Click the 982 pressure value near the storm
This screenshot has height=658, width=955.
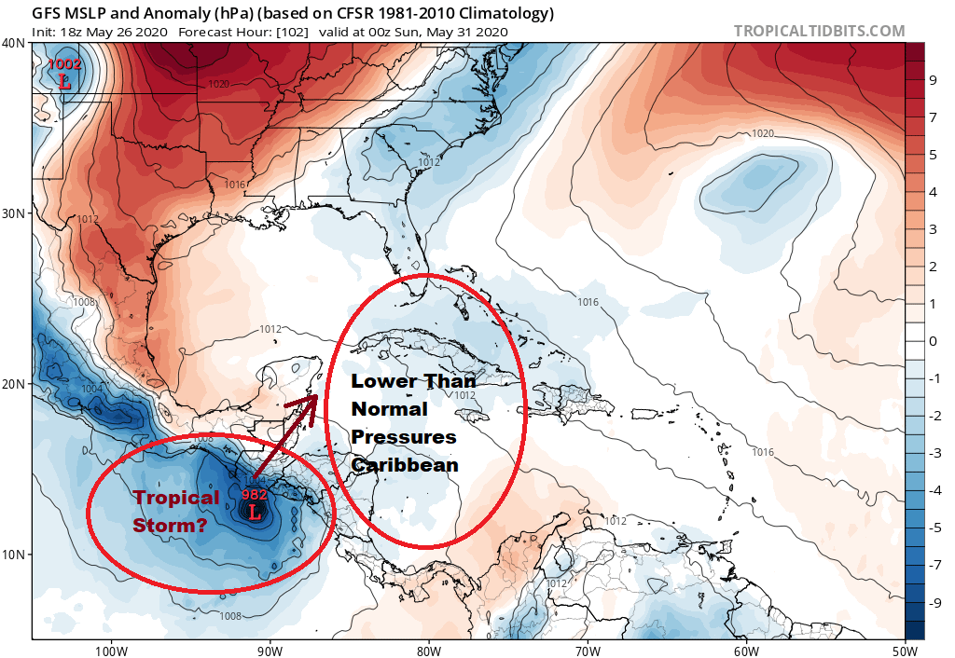tap(255, 494)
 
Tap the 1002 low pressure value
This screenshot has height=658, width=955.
tap(65, 64)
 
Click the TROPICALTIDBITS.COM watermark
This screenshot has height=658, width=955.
tap(819, 31)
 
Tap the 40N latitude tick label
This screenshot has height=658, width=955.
tap(14, 43)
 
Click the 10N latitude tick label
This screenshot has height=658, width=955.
tap(14, 555)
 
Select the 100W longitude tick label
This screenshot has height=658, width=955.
tap(110, 649)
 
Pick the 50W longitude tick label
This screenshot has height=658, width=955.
tap(905, 649)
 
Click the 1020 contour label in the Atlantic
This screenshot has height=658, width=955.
tap(763, 134)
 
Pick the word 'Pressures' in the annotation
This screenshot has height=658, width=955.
tap(404, 437)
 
